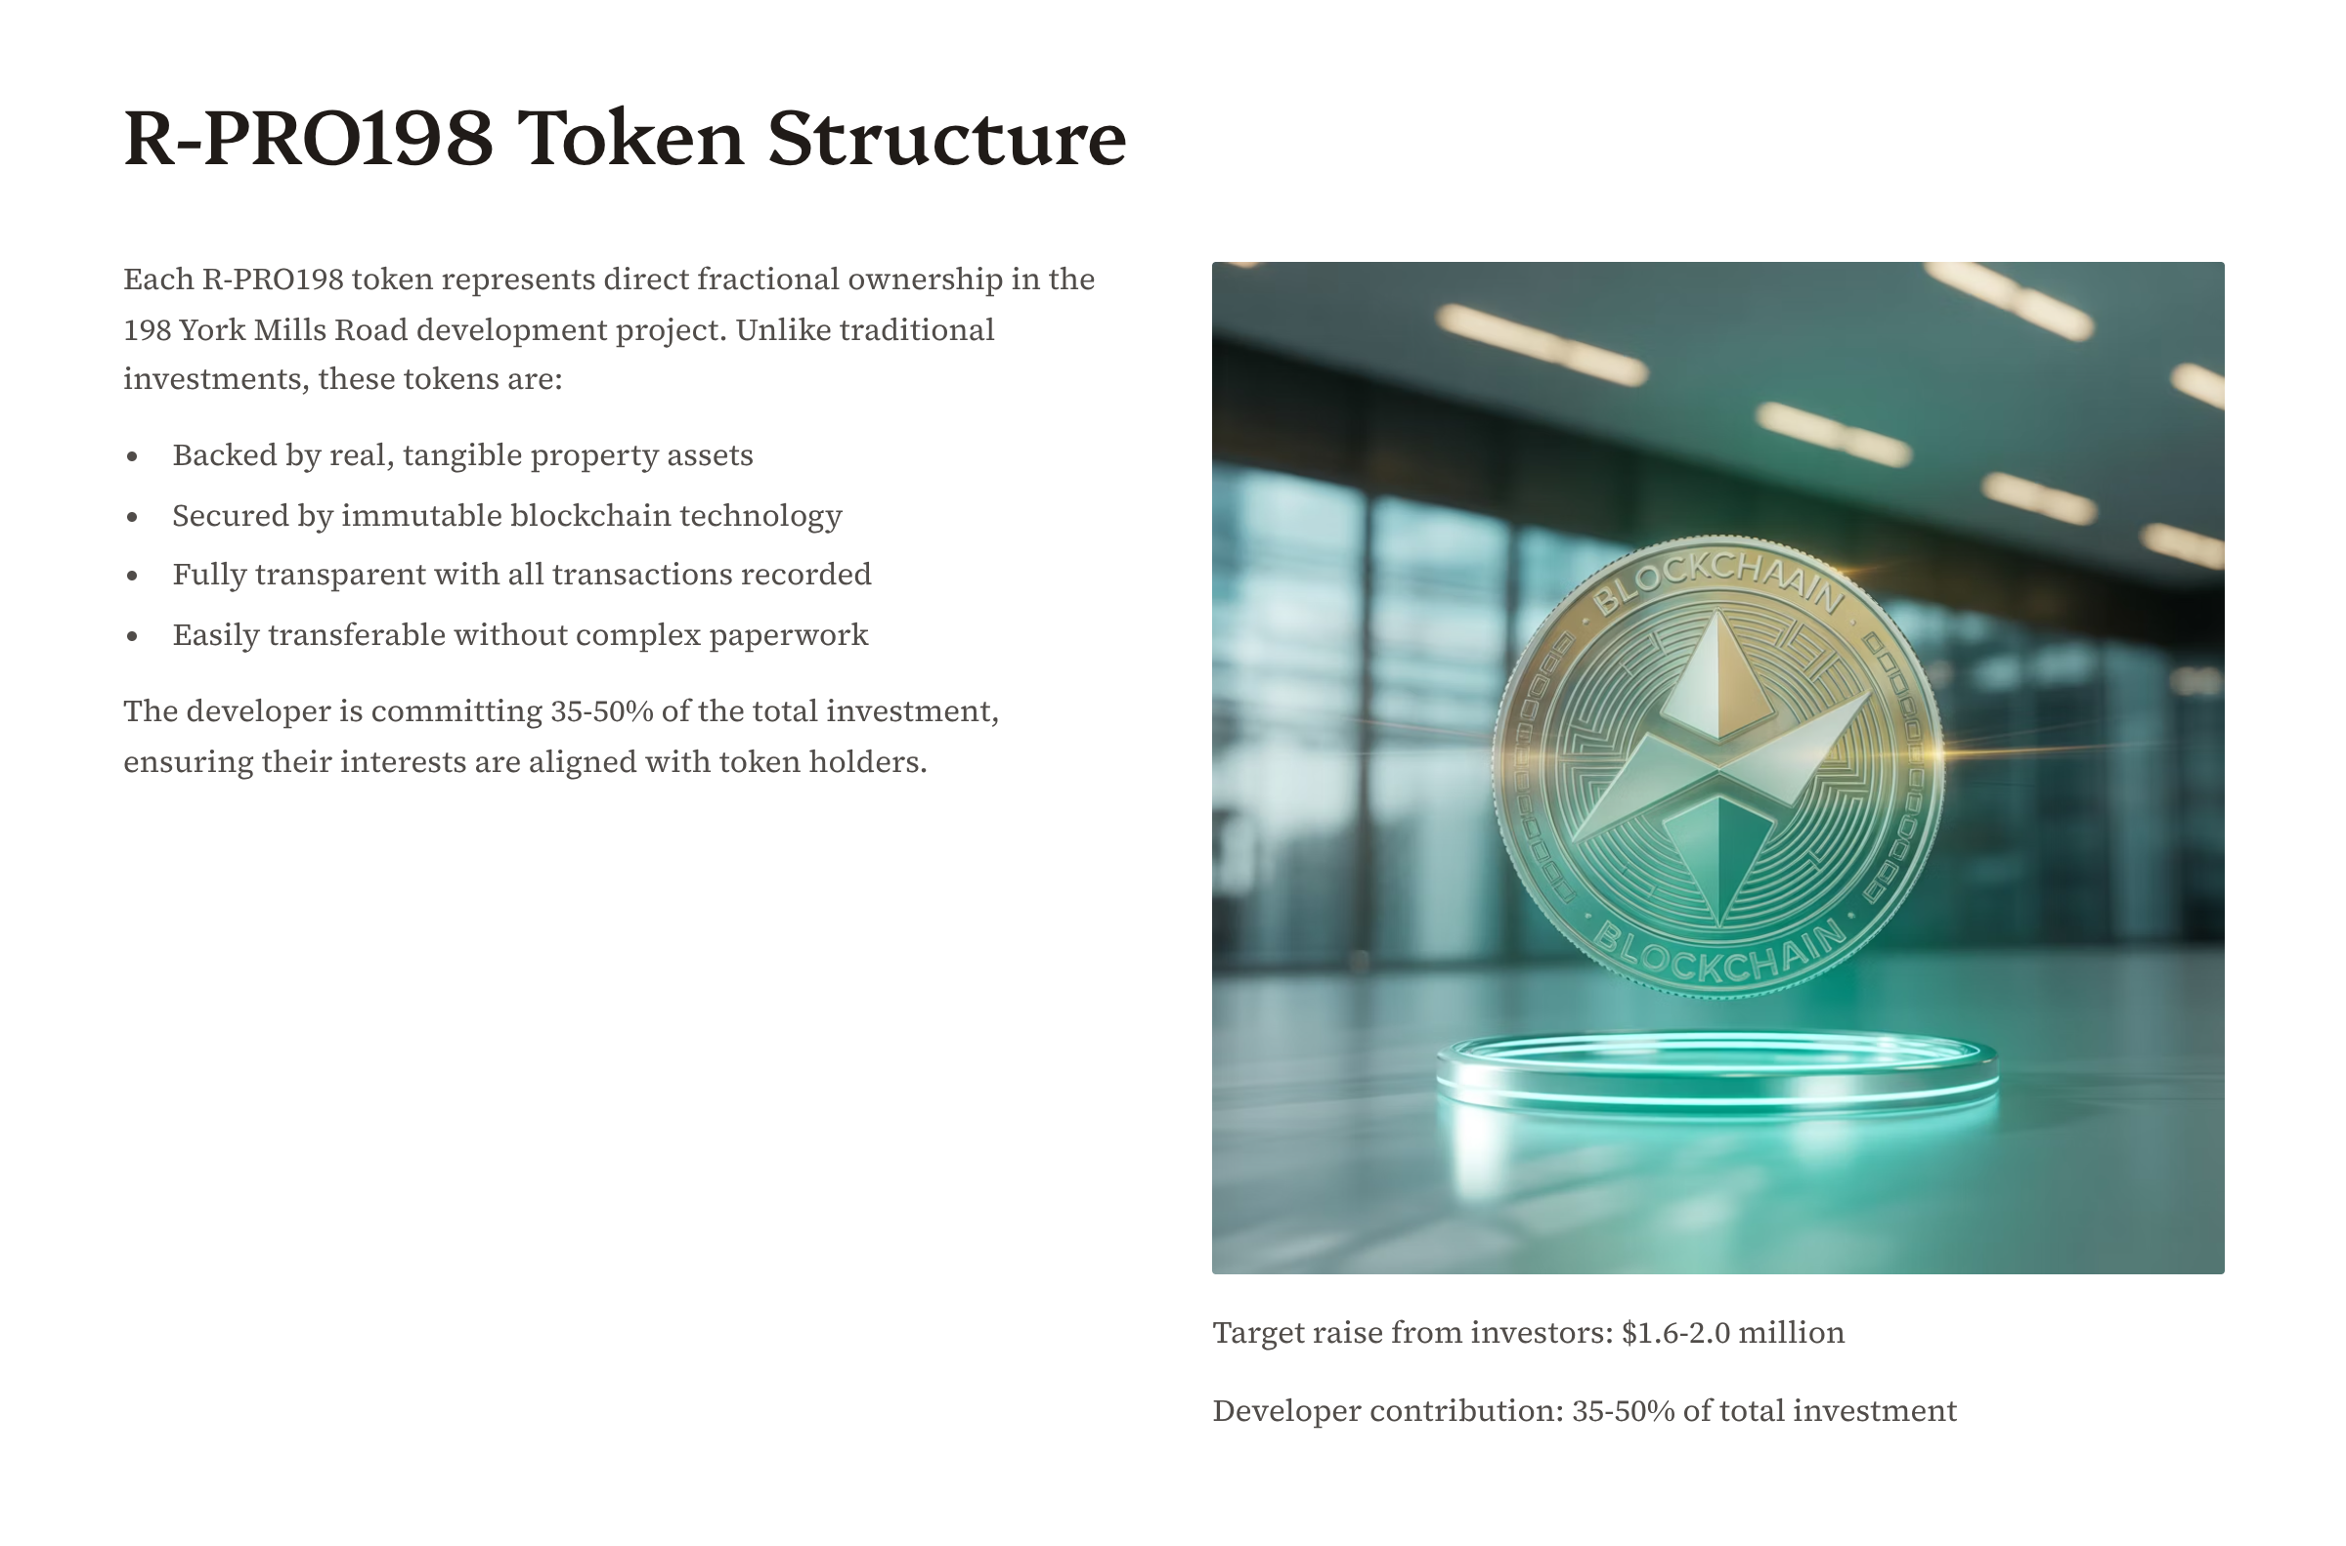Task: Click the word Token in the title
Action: [631, 138]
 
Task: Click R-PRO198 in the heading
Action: [309, 138]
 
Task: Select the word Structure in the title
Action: [946, 138]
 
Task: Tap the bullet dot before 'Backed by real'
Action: [132, 456]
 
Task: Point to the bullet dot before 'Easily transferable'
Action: [132, 636]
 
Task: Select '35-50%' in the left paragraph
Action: [601, 710]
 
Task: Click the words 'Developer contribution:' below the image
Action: [1388, 1411]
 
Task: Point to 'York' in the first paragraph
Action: [212, 329]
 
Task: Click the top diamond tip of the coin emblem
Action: [1718, 613]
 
